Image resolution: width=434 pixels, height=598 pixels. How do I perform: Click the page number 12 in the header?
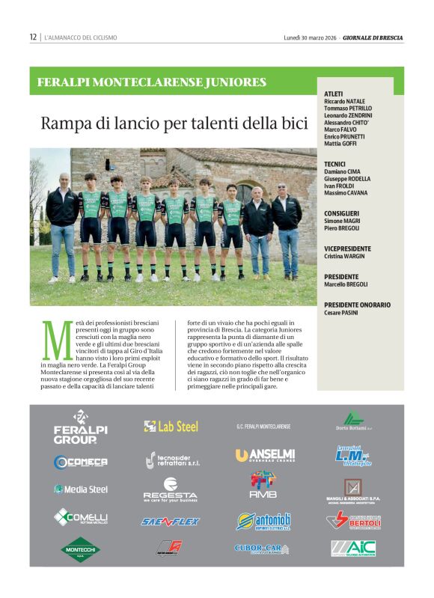pos(33,37)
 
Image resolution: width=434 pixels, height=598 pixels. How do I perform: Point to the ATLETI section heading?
pos(334,94)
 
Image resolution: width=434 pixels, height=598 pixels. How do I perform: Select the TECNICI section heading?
pos(335,163)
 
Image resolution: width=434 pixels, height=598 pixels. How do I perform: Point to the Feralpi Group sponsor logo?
pos(80,427)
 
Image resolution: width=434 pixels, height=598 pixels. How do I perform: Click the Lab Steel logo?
pos(171,426)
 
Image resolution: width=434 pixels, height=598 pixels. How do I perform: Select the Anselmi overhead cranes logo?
pos(264,455)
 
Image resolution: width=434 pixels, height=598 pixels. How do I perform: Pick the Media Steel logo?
pos(80,489)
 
